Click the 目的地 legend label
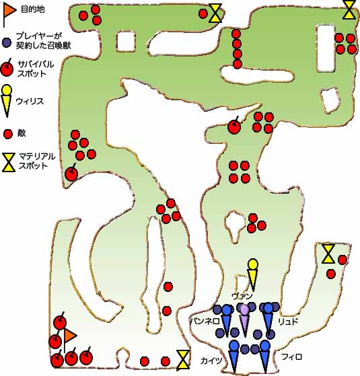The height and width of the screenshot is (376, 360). pyautogui.click(x=32, y=9)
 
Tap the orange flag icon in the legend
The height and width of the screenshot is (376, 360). pyautogui.click(x=9, y=13)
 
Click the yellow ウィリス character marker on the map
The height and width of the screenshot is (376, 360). pyautogui.click(x=252, y=274)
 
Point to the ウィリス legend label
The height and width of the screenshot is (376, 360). pyautogui.click(x=30, y=101)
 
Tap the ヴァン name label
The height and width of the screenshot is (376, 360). pyautogui.click(x=242, y=297)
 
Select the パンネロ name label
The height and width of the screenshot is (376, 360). pyautogui.click(x=205, y=321)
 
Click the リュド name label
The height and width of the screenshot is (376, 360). pyautogui.click(x=288, y=322)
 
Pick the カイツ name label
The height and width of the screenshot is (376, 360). pyautogui.click(x=211, y=361)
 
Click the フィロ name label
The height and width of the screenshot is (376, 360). pyautogui.click(x=291, y=356)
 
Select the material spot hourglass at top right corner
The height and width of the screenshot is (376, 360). pyautogui.click(x=349, y=10)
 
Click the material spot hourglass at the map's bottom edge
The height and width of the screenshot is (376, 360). pyautogui.click(x=183, y=359)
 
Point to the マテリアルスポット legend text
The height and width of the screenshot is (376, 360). pyautogui.click(x=37, y=161)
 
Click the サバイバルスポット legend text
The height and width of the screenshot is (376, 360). pyautogui.click(x=36, y=69)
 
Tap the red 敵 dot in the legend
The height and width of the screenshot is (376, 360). pyautogui.click(x=8, y=134)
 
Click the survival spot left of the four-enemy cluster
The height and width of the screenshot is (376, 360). pyautogui.click(x=234, y=126)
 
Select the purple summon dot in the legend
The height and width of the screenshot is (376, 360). pyautogui.click(x=7, y=42)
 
